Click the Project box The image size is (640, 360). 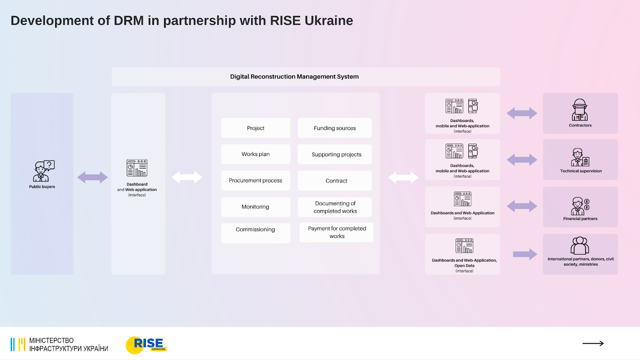click(x=256, y=128)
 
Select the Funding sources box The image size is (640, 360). click(x=334, y=128)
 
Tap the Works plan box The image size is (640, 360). click(x=256, y=154)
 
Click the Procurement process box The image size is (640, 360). click(x=256, y=180)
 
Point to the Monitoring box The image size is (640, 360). click(x=256, y=207)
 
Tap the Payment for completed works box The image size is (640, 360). click(x=336, y=232)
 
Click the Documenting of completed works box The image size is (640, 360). click(x=335, y=207)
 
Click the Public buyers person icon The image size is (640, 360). click(x=43, y=171)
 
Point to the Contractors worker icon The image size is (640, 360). click(x=580, y=110)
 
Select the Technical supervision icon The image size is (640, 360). click(x=580, y=157)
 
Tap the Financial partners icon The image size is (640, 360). click(x=580, y=206)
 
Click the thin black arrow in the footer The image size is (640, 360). click(x=593, y=343)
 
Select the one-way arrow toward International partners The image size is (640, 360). click(x=524, y=254)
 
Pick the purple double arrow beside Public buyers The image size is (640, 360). click(x=92, y=177)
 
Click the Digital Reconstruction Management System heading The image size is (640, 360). click(x=294, y=77)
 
